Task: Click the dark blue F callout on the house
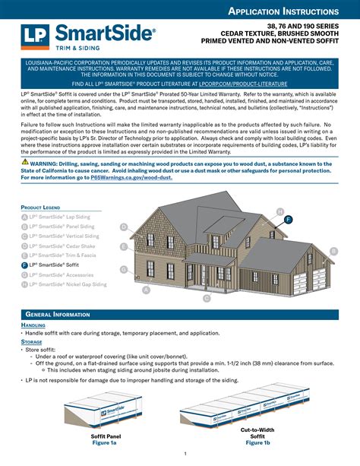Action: (288, 219)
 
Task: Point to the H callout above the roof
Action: (280, 211)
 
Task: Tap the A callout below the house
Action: (146, 290)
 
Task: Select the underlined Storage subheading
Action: (32, 342)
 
